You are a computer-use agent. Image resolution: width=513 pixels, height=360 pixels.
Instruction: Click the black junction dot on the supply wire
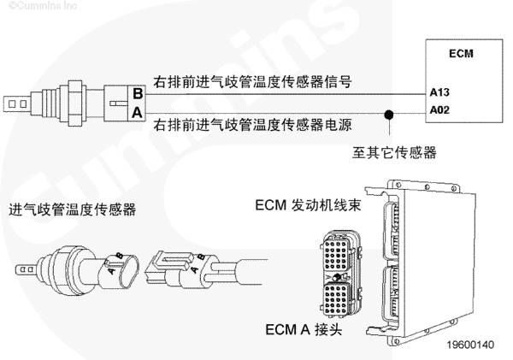pyautogui.click(x=390, y=113)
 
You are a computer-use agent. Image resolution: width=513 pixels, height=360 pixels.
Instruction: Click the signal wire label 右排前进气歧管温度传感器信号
pyautogui.click(x=253, y=84)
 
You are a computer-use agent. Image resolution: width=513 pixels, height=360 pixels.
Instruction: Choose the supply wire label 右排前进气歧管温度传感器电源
pyautogui.click(x=253, y=126)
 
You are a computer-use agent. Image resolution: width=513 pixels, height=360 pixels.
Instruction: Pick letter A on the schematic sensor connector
pyautogui.click(x=136, y=112)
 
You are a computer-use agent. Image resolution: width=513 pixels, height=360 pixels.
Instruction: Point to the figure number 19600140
pyautogui.click(x=470, y=346)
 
